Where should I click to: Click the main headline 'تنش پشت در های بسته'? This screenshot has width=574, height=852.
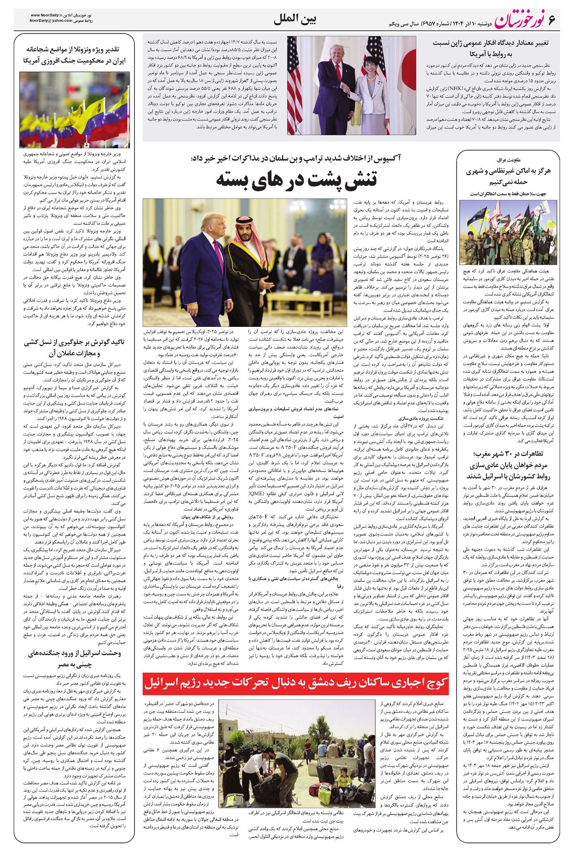(297, 179)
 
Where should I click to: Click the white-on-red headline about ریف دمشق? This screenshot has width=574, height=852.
(297, 684)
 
